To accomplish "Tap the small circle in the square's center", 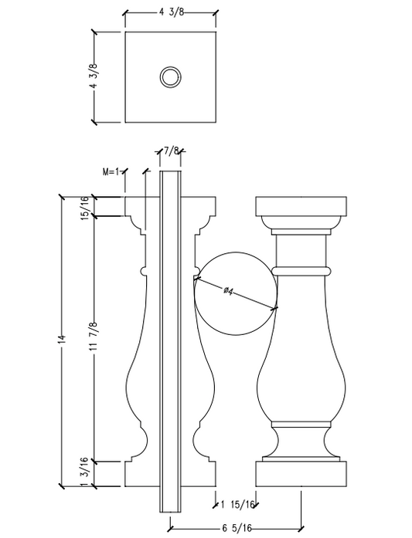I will point(169,76).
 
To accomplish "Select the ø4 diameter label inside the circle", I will point(230,290).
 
